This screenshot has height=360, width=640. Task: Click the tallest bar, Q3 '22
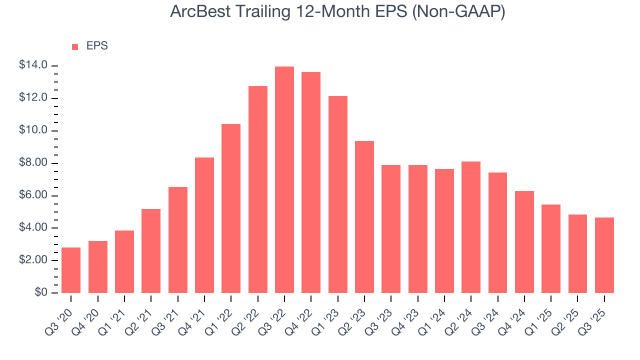click(284, 180)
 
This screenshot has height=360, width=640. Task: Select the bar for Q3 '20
click(71, 270)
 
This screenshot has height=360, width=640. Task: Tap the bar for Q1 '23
click(337, 194)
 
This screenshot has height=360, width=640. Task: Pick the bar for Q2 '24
click(471, 227)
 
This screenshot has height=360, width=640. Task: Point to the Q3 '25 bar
click(604, 255)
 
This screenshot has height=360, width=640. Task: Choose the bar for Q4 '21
click(204, 225)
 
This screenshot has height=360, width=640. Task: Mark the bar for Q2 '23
click(364, 217)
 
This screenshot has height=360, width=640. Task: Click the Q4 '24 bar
click(524, 242)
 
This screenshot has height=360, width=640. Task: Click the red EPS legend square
click(75, 46)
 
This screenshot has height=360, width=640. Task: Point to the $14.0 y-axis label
click(33, 65)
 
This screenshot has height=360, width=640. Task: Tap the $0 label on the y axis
click(41, 293)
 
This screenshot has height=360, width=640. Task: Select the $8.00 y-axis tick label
click(33, 163)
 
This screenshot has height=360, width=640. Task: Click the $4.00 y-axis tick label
click(33, 228)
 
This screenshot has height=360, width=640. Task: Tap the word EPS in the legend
click(97, 46)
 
